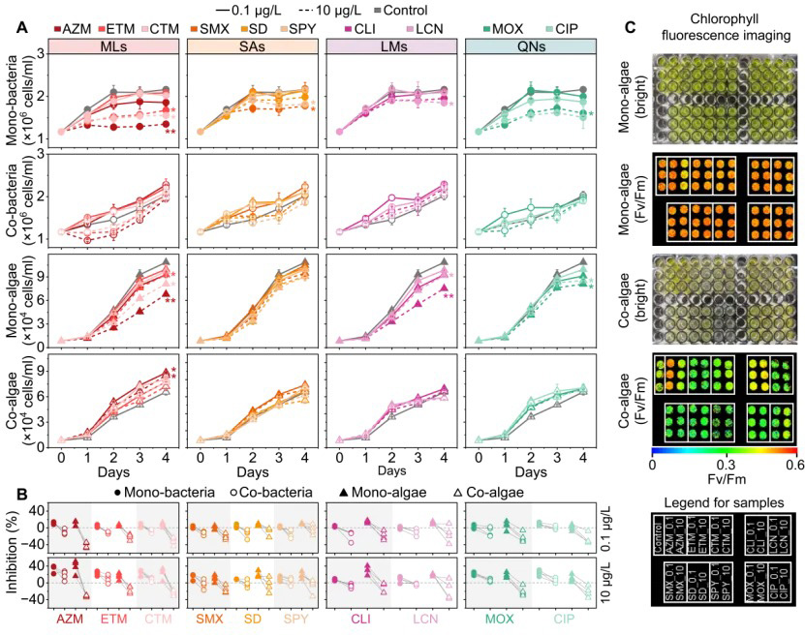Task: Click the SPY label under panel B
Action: pyautogui.click(x=294, y=617)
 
